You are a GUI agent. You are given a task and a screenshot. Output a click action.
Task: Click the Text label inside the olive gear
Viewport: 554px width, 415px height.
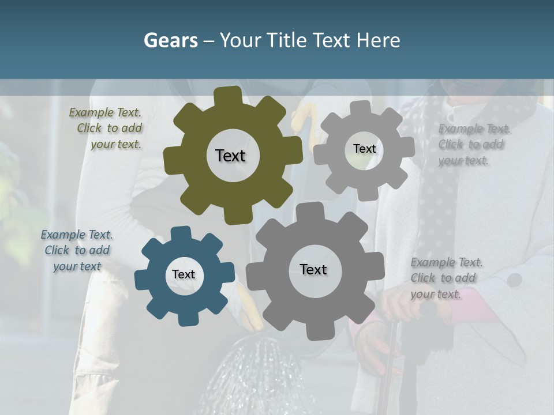(230, 156)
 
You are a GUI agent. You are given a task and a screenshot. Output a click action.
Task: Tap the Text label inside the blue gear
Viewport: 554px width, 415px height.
(184, 275)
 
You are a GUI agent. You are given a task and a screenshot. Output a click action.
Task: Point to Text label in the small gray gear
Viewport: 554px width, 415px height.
(365, 149)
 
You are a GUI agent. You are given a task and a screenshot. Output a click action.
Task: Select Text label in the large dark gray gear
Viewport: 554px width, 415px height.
(313, 270)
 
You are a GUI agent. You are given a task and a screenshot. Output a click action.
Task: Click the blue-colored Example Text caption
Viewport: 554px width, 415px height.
(77, 251)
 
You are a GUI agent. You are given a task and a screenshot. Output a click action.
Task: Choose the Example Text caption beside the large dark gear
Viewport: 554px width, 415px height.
(446, 278)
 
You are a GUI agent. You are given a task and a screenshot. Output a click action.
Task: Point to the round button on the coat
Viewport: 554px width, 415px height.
(515, 280)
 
